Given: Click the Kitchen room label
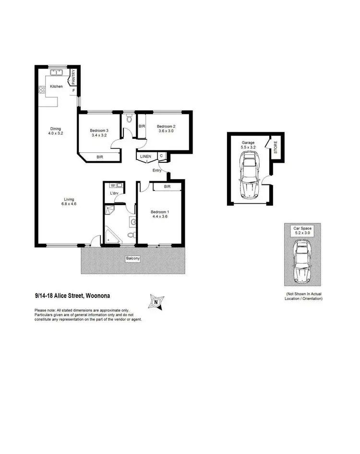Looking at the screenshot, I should point(57,86).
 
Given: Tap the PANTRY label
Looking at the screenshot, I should point(74,77).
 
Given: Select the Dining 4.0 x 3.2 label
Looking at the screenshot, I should point(56,131).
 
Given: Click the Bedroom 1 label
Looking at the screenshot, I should point(159,214).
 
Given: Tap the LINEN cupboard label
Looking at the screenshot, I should point(145,157).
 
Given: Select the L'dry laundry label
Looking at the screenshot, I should point(114,193).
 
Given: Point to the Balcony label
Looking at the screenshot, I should point(133,258).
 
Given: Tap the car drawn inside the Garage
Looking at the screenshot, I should point(249,175).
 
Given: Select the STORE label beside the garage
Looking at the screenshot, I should point(276,147).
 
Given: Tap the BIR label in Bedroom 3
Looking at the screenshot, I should point(99,157).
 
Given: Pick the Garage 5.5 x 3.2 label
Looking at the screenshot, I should point(249,145).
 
